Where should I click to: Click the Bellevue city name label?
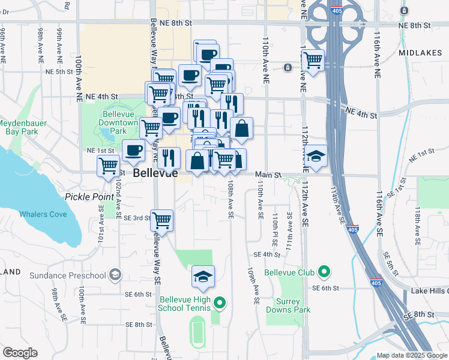(x=155, y=173)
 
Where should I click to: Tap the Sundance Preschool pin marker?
(x=115, y=275)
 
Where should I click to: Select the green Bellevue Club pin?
(x=325, y=272)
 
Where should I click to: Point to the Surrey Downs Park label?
(x=293, y=305)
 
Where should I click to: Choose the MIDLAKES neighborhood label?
(x=418, y=53)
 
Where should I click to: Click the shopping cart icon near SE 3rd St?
(x=162, y=220)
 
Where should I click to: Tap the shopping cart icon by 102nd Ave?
(x=108, y=166)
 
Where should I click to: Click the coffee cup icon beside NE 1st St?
(x=133, y=150)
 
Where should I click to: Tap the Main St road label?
(x=268, y=175)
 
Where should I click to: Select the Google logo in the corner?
(x=20, y=353)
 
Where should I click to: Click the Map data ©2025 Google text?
(x=411, y=355)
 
